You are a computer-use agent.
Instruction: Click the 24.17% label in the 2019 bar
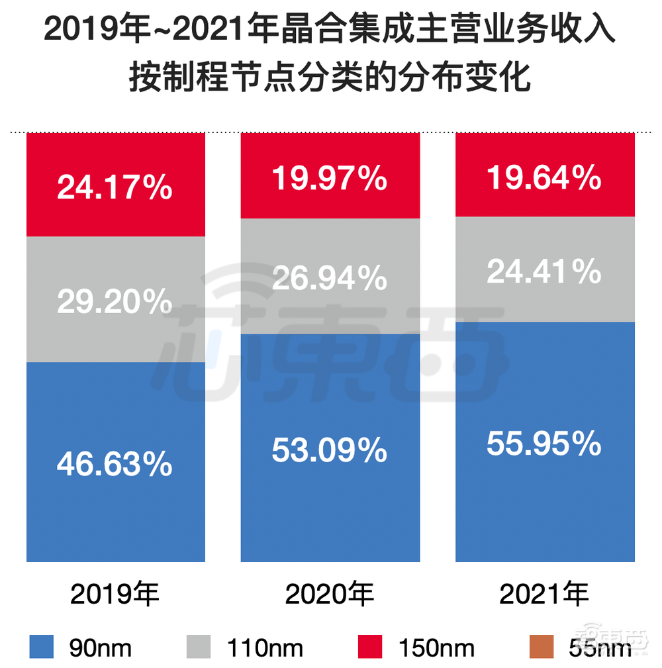tap(115, 188)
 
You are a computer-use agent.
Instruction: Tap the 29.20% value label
tap(115, 303)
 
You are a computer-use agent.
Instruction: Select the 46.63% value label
tap(115, 465)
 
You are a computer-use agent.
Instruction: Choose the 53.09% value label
tap(330, 451)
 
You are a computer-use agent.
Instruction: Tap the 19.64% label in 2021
tap(544, 177)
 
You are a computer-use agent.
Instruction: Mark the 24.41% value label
tap(544, 271)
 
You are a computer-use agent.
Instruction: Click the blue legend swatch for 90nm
tap(41, 647)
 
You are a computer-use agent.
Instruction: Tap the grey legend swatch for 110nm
tap(198, 647)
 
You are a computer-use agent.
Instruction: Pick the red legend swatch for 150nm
tap(370, 647)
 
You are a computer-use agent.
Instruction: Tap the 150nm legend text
tap(436, 648)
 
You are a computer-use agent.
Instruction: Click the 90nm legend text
tap(100, 648)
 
